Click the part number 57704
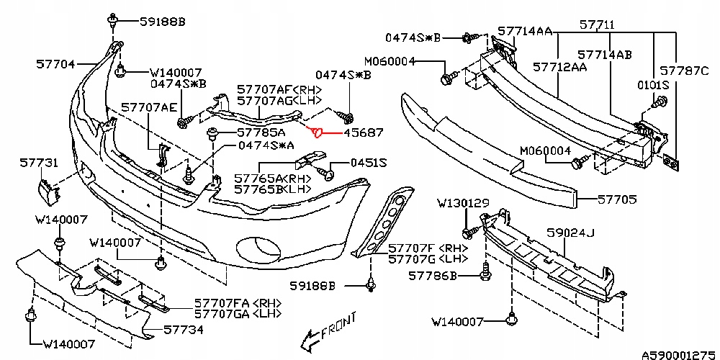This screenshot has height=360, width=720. [55, 63]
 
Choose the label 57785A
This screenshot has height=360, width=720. [261, 133]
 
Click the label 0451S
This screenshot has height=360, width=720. [369, 164]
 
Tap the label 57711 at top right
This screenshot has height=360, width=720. [597, 24]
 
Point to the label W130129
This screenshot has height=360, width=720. [462, 204]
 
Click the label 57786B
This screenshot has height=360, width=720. [433, 275]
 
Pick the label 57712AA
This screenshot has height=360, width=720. [559, 67]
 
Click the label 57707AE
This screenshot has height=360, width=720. [148, 107]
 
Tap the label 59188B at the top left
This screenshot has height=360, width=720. [163, 22]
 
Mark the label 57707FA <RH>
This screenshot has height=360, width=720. [235, 304]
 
